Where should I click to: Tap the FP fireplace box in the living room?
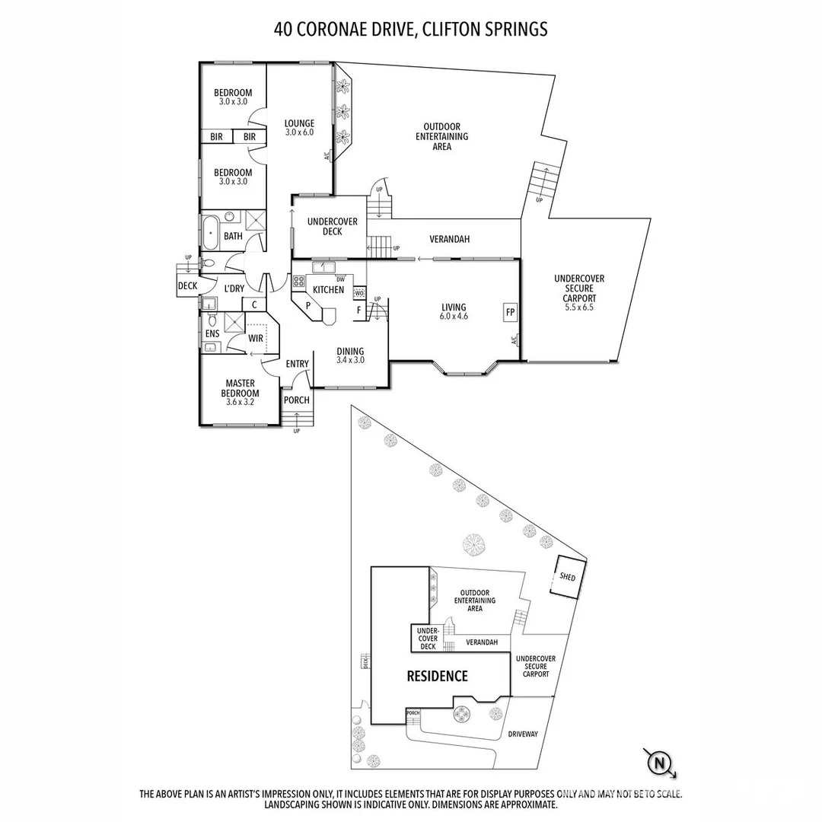coord(509,312)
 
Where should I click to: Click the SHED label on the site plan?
coord(568,577)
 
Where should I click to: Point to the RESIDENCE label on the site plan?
coord(437,676)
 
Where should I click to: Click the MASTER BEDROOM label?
coord(240,388)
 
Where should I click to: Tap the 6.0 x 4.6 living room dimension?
coord(454,316)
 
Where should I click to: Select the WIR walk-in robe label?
coord(256,338)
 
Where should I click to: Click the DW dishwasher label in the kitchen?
coord(340,279)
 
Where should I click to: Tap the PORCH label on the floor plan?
coord(296,400)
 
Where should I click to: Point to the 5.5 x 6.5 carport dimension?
coord(579,308)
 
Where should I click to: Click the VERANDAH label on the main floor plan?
coord(449,239)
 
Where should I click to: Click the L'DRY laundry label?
coord(234,288)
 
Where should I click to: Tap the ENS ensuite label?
coord(212,333)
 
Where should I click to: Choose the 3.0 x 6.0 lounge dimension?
coord(299,132)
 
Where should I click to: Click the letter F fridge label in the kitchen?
coord(358,311)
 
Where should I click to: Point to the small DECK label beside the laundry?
coord(187,286)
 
